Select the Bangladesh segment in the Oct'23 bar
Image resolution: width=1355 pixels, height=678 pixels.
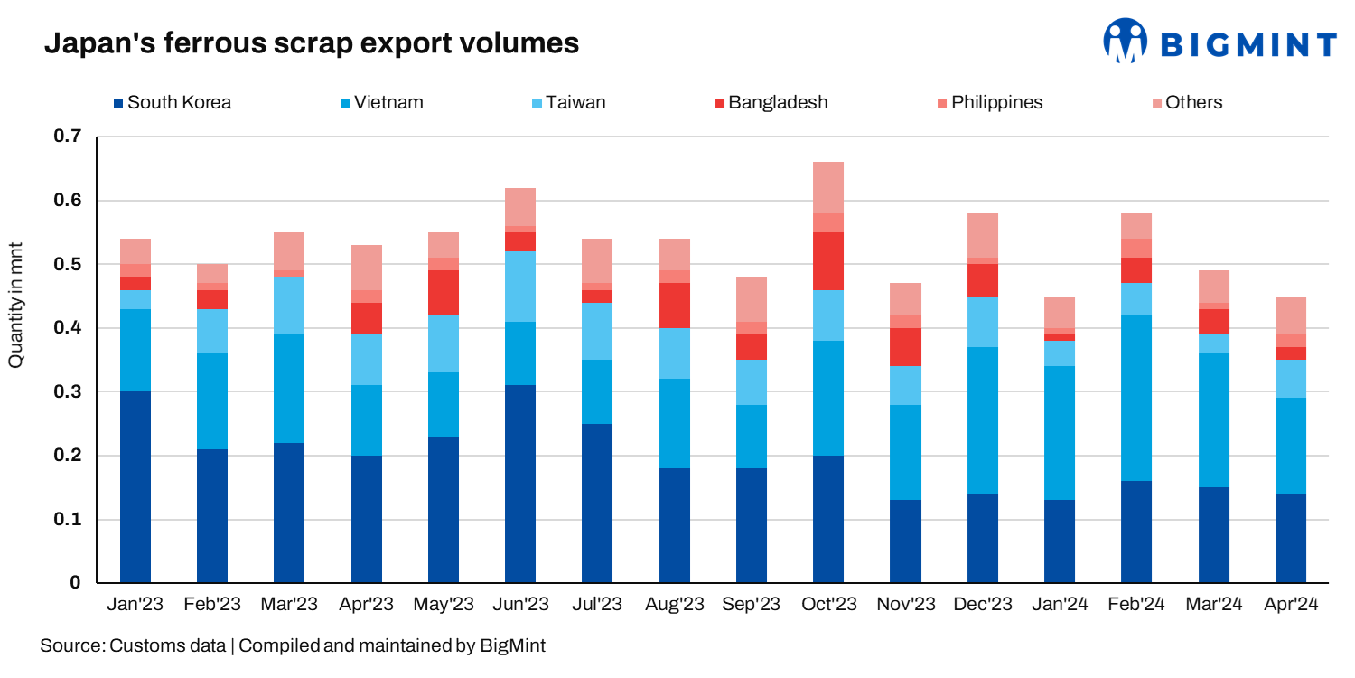coord(828,261)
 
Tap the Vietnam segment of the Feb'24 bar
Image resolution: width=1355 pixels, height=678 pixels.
coord(1136,398)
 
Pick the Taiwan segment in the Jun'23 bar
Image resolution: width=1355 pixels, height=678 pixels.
coord(520,287)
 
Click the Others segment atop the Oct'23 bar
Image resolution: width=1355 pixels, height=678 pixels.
coord(828,188)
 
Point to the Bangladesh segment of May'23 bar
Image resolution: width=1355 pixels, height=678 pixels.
coord(444,293)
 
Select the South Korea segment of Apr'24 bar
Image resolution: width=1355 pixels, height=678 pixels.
coord(1290,537)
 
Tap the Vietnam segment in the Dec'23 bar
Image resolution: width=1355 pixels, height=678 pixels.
coord(983,420)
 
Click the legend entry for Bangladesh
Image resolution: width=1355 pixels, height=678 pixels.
coord(778,102)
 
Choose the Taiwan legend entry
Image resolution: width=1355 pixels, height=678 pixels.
coord(574,102)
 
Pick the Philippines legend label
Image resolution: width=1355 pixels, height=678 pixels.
coord(996,102)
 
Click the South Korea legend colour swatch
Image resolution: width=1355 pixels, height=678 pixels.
coord(119,103)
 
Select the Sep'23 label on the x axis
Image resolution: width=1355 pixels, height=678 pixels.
coord(752,605)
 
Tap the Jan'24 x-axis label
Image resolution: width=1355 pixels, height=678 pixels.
coord(1060,605)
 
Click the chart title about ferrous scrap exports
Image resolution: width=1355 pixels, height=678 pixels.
coord(312,42)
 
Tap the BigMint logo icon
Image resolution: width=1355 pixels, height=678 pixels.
coord(1125,41)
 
